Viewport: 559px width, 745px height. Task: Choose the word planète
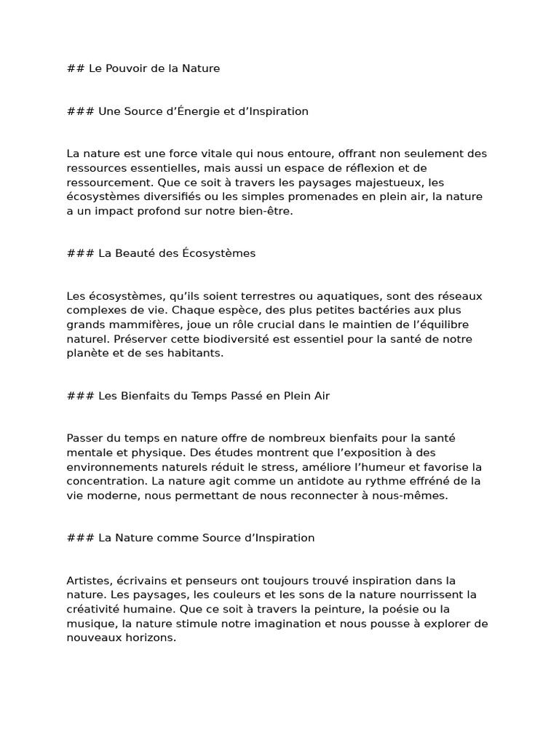pos(87,353)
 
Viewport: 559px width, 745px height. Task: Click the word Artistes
pos(90,581)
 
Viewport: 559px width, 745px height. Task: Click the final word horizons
pos(151,637)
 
